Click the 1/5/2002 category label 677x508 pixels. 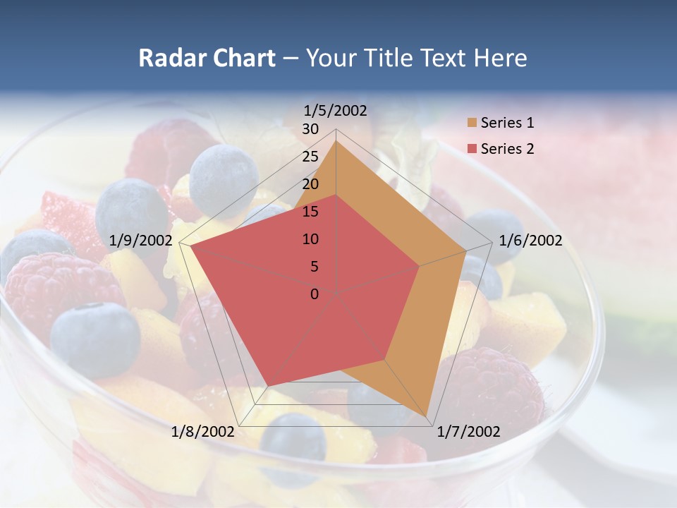click(336, 110)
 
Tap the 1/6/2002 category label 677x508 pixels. click(530, 241)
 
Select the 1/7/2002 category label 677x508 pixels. click(468, 431)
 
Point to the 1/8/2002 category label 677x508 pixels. click(202, 431)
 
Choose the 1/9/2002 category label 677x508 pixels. click(141, 241)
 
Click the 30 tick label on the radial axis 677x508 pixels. click(310, 129)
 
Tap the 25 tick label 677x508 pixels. click(310, 157)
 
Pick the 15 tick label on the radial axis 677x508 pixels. click(310, 212)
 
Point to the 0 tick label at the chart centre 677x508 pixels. click(315, 294)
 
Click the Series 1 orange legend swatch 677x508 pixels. click(472, 123)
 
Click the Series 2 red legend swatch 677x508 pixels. click(472, 149)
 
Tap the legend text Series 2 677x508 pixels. click(507, 149)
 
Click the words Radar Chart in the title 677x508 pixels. click(207, 58)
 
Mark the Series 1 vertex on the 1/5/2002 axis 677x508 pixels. click(336, 140)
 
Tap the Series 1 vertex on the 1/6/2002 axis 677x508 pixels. click(465, 250)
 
